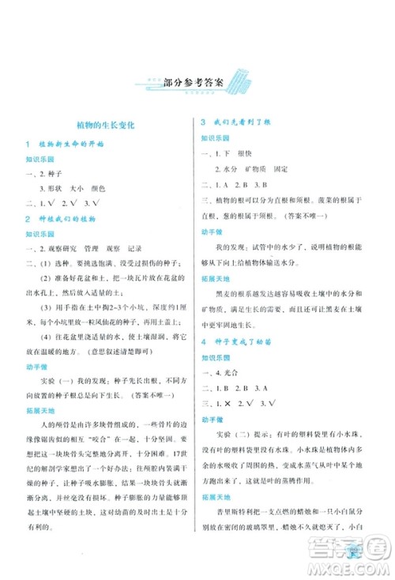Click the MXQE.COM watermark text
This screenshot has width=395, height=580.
[360, 567]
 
